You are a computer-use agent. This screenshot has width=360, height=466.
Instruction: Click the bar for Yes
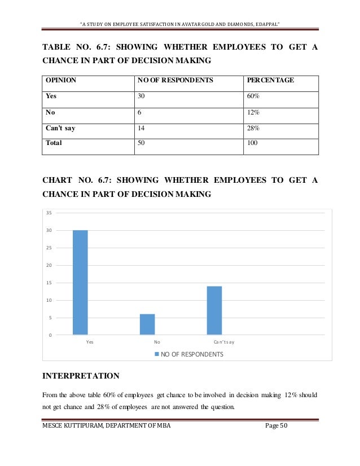click(x=80, y=283)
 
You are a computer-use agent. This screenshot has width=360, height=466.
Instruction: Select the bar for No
click(x=147, y=324)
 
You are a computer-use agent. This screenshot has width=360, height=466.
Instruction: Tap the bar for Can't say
click(x=214, y=310)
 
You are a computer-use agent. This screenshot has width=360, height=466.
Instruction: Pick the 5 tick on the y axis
click(x=50, y=318)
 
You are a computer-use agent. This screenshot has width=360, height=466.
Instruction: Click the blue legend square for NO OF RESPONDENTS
click(x=156, y=354)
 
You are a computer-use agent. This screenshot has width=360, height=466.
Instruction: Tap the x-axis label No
click(x=157, y=342)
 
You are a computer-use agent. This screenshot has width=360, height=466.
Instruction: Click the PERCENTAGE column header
click(x=270, y=80)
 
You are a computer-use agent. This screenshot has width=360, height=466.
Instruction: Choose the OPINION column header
click(x=61, y=80)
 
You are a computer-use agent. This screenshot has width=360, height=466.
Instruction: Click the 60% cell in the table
click(x=253, y=96)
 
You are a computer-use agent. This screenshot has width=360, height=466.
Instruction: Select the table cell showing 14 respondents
click(x=141, y=128)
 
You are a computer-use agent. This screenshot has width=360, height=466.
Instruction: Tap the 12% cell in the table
click(x=253, y=112)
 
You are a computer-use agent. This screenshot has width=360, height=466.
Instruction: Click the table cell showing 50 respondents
click(x=141, y=143)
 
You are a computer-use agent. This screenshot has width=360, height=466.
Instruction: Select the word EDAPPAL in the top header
click(x=266, y=24)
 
